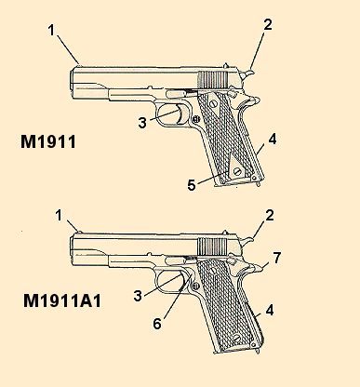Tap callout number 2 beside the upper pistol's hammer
(268, 25)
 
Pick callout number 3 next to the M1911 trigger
(141, 122)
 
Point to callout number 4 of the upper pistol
(272, 140)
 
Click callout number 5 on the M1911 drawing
(193, 185)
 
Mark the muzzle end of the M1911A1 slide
(74, 247)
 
